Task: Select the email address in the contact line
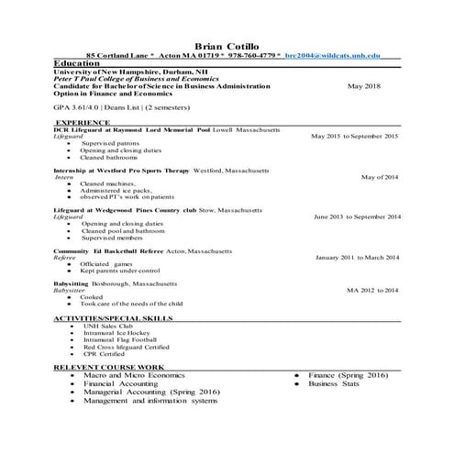tap(331, 56)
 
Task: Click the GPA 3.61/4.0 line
tap(109, 107)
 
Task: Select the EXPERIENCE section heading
tap(83, 122)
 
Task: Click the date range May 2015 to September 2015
tap(354, 136)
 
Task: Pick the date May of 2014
tap(380, 177)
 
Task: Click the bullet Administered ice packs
tap(117, 190)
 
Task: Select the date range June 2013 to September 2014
tap(357, 217)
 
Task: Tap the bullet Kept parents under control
tap(120, 271)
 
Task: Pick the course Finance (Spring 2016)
tap(348, 376)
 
